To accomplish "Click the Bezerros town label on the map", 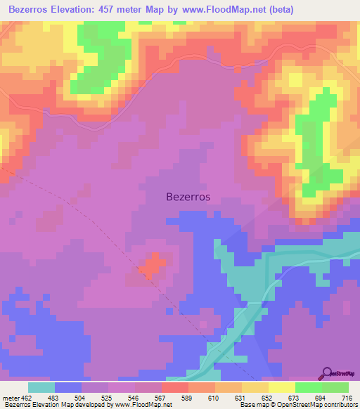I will [x=192, y=197].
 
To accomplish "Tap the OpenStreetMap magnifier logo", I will [x=326, y=373].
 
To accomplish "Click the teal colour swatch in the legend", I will [x=41, y=387].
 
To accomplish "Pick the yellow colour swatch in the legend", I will [x=282, y=387].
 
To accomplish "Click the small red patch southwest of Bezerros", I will [x=150, y=266].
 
